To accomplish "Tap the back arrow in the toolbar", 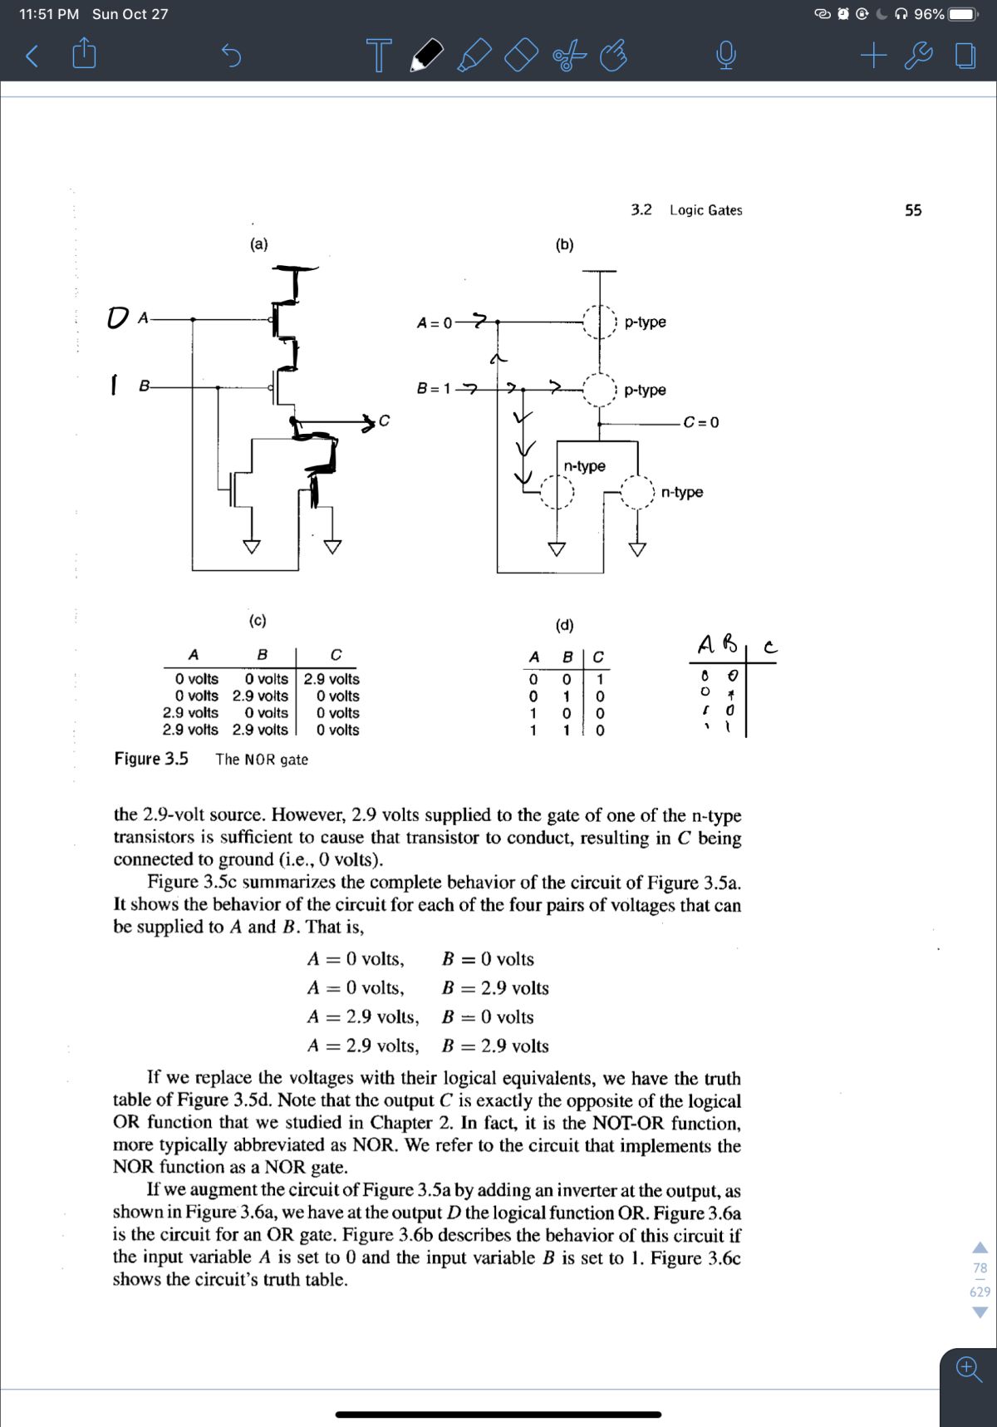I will point(32,57).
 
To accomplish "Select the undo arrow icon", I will point(232,57).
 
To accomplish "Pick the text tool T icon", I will point(379,56).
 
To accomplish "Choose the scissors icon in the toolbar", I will point(569,57).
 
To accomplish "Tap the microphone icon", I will point(725,57).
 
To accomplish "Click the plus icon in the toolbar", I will point(873,56).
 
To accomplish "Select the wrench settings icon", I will point(917,56).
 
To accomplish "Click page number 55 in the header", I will point(913,210).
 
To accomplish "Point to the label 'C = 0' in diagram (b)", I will point(701,422).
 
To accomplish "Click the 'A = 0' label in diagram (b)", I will point(435,322).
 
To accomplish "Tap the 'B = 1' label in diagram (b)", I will point(434,388).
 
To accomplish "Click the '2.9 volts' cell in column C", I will point(332,679).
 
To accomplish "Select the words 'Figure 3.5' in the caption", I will point(151,759).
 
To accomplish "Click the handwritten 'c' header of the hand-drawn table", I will point(770,647).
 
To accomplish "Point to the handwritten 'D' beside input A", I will point(119,317).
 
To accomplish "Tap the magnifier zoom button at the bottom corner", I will point(968,1368).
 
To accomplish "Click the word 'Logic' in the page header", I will point(687,210).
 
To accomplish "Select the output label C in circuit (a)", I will point(384,421).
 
